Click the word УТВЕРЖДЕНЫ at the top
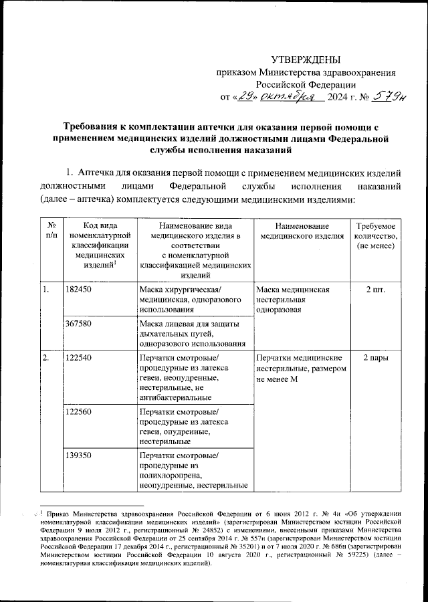(x=309, y=61)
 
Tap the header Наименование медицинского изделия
(x=302, y=231)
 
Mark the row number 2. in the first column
(x=45, y=358)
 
